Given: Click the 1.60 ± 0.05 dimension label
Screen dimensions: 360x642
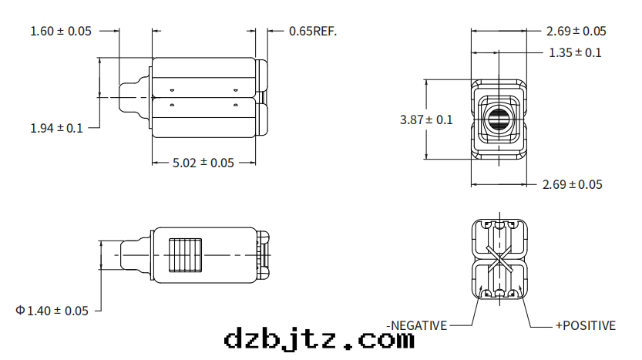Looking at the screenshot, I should (60, 31).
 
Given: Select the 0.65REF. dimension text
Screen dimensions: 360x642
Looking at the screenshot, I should (313, 32).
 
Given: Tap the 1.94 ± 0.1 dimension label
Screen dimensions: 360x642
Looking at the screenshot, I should (56, 128).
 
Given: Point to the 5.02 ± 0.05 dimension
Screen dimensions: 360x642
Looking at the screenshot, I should (203, 163).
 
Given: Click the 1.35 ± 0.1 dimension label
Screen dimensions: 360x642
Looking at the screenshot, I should (574, 52).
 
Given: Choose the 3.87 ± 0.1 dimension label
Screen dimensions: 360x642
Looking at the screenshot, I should (426, 119).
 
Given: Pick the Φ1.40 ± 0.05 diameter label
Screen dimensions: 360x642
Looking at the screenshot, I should (52, 311).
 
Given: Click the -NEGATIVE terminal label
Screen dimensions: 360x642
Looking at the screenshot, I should (417, 325).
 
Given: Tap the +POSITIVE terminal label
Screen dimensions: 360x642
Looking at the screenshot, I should (585, 325).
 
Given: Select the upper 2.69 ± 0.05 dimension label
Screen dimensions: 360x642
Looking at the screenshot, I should (576, 32).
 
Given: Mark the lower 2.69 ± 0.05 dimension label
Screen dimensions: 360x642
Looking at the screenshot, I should (573, 184).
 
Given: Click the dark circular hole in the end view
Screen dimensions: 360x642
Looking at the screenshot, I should (499, 119).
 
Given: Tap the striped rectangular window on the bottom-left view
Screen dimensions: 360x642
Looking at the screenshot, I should (185, 254).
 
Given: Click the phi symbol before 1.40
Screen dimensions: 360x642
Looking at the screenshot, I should (20, 311).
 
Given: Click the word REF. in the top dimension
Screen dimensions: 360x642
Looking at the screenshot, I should (325, 32).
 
